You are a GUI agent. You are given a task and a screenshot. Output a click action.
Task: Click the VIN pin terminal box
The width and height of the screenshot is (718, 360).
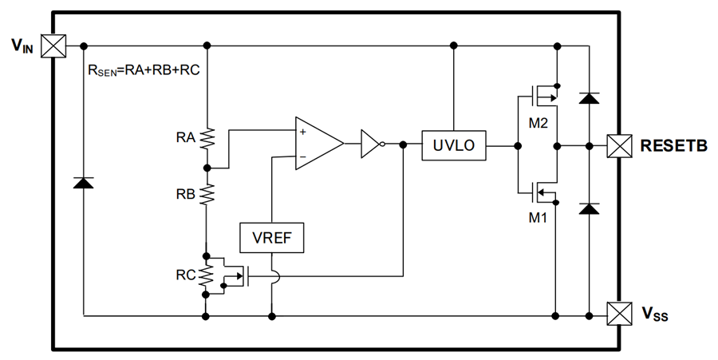[x=53, y=45]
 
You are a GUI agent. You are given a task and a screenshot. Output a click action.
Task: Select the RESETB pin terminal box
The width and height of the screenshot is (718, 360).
[x=619, y=145]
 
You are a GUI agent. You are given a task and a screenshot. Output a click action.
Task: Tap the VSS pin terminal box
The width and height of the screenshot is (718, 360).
[x=619, y=311]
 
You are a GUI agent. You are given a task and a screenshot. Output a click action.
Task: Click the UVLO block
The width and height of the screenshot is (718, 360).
[x=452, y=145]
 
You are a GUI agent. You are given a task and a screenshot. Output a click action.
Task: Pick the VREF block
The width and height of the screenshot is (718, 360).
[x=272, y=237]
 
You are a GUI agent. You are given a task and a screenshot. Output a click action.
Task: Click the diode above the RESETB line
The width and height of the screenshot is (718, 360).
[x=588, y=97]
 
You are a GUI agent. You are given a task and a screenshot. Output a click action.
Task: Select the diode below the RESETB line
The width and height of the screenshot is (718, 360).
[x=588, y=208]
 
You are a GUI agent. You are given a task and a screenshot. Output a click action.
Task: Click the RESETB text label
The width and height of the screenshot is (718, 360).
[x=674, y=146]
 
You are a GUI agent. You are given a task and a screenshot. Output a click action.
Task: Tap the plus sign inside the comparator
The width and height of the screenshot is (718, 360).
[x=303, y=130]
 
